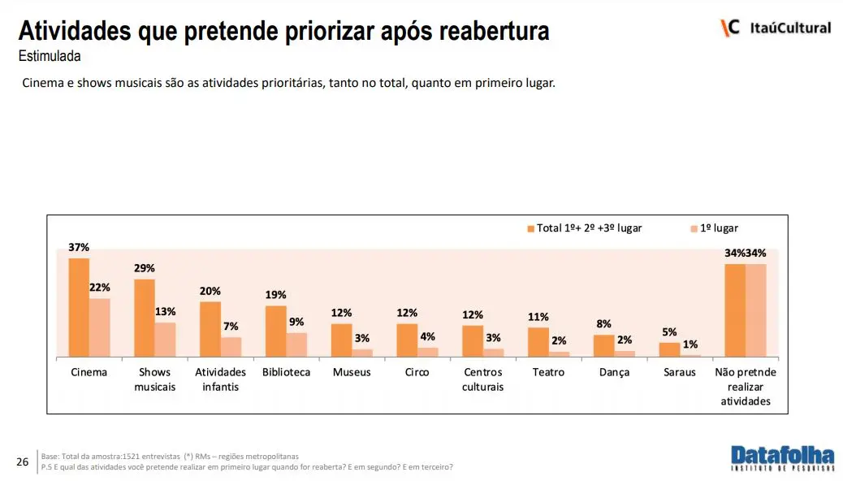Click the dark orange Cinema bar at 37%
(79, 308)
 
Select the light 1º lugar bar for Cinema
(99, 327)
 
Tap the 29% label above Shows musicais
(145, 268)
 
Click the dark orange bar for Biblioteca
(275, 331)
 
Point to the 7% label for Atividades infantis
(231, 326)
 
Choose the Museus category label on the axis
(352, 372)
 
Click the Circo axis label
(417, 372)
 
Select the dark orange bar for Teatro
(538, 342)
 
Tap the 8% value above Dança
(603, 323)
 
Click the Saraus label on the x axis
(680, 372)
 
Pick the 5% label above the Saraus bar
(669, 331)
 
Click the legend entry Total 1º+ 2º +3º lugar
(584, 228)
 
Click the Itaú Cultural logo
(776, 28)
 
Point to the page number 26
(23, 462)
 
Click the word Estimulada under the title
(49, 57)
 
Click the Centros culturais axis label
(482, 379)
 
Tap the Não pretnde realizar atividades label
(746, 387)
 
